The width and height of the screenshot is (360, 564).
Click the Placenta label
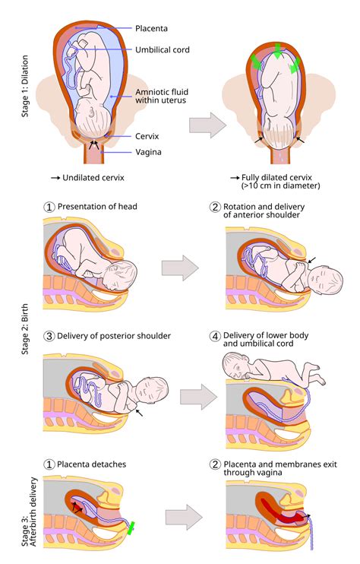pyautogui.click(x=151, y=28)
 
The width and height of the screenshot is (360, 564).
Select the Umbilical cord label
pyautogui.click(x=163, y=49)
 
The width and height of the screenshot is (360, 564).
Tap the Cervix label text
pyautogui.click(x=147, y=136)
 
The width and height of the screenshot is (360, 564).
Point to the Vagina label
pyautogui.click(x=148, y=152)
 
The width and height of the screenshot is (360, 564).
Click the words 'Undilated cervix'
pyautogui.click(x=93, y=178)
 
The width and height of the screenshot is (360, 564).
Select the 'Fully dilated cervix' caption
pyautogui.click(x=276, y=177)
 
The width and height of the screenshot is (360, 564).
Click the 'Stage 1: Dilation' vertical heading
pyautogui.click(x=25, y=86)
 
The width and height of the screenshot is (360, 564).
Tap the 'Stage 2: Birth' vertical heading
pyautogui.click(x=25, y=329)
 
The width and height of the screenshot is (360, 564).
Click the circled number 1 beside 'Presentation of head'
pyautogui.click(x=49, y=208)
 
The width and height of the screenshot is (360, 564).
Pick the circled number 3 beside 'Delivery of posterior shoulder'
pyautogui.click(x=49, y=336)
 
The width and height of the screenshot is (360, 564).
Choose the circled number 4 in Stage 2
pyautogui.click(x=215, y=336)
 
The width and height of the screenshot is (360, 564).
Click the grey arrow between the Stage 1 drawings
pyautogui.click(x=207, y=125)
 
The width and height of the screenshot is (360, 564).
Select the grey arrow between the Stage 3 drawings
pyautogui.click(x=184, y=517)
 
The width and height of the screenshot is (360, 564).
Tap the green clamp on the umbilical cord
pyautogui.click(x=131, y=528)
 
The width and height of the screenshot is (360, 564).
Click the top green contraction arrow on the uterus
pyautogui.click(x=277, y=51)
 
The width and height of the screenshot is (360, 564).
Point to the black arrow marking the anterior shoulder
pyautogui.click(x=312, y=260)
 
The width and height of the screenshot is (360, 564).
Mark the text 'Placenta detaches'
pyautogui.click(x=92, y=464)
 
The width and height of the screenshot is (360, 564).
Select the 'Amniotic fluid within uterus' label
pyautogui.click(x=162, y=96)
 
